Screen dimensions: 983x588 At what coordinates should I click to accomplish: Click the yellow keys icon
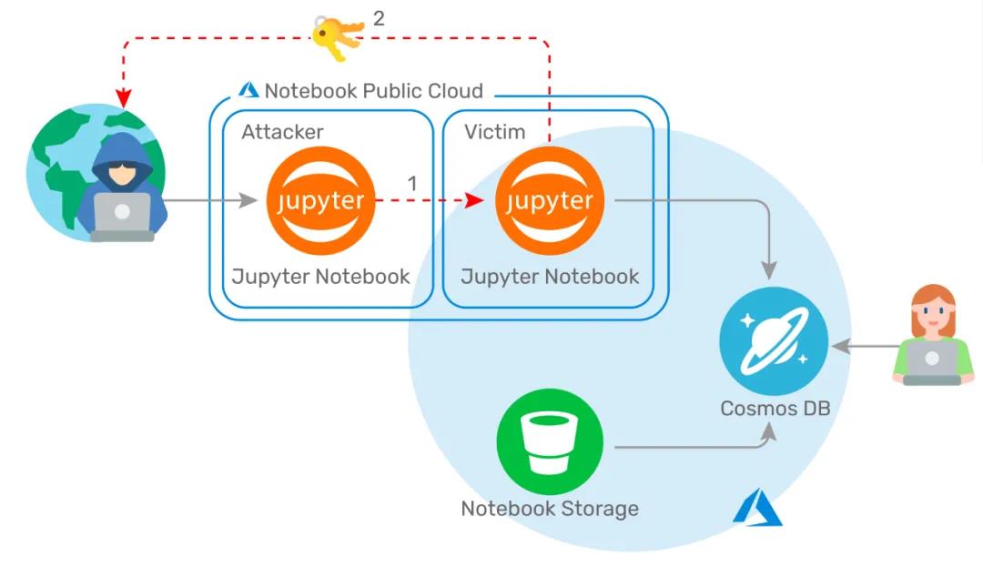(x=338, y=37)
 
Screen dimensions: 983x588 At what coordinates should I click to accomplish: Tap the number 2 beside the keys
(x=379, y=18)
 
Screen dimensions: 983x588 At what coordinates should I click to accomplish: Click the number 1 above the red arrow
(x=412, y=183)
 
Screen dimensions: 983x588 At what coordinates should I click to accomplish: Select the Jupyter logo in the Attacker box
(x=320, y=200)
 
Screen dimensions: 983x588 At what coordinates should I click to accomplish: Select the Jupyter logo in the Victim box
(x=550, y=200)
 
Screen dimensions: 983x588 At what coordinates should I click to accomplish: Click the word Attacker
(x=283, y=132)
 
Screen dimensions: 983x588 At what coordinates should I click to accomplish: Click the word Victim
(x=494, y=132)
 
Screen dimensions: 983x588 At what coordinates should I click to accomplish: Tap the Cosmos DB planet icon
(x=774, y=341)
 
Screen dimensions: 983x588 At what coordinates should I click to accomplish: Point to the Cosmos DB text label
(x=775, y=408)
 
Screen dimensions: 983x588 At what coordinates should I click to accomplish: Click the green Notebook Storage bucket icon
(x=550, y=441)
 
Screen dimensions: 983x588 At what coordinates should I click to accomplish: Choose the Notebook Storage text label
(x=550, y=509)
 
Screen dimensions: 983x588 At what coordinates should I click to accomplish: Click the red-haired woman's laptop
(x=932, y=361)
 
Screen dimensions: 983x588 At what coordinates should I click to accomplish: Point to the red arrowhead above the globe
(x=124, y=98)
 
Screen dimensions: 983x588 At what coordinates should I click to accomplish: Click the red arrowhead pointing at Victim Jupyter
(x=474, y=200)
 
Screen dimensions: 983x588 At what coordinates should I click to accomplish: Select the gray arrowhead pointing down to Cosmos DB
(x=769, y=270)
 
